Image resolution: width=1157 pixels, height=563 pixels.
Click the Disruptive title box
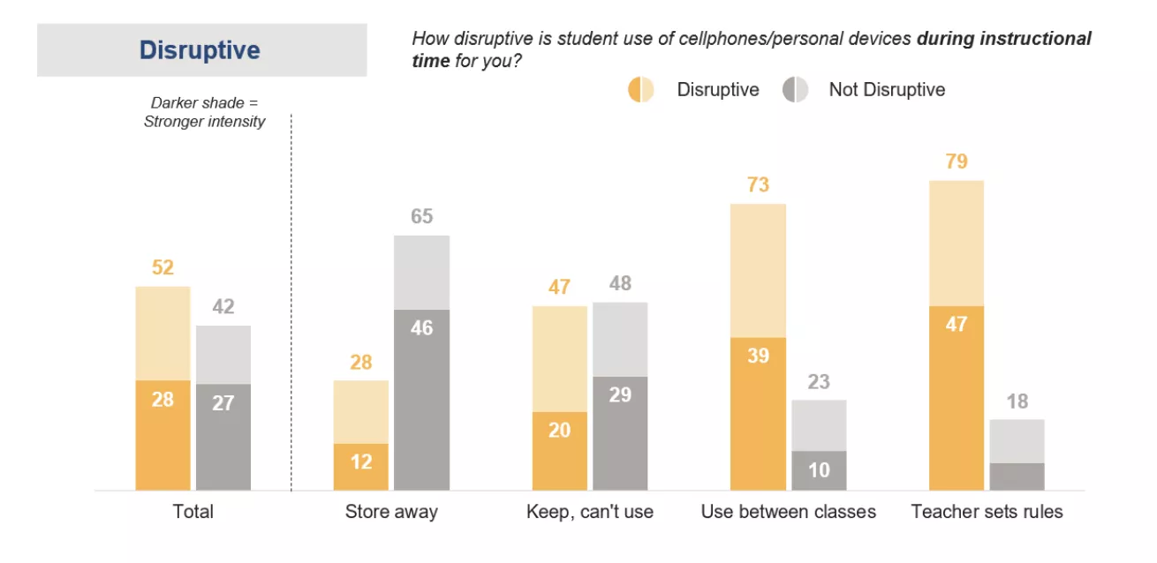pos(201,50)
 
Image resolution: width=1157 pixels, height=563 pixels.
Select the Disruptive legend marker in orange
pos(640,90)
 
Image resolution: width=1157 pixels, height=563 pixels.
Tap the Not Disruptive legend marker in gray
pos(795,90)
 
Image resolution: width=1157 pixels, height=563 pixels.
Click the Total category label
pos(193,512)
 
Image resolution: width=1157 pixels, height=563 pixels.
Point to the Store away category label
pos(391,512)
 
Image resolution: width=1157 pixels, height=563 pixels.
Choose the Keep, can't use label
pos(590,512)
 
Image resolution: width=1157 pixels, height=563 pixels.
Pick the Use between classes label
pos(789,512)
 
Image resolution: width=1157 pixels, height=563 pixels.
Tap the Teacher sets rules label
pos(987,512)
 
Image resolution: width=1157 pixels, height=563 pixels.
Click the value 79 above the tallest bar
pos(957,161)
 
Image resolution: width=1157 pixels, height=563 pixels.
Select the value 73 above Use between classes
pos(758,185)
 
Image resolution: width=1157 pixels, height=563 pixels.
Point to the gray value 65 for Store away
pos(422,216)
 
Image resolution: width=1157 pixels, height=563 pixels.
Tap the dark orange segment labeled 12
pos(360,467)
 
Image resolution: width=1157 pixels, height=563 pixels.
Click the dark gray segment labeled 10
pos(819,470)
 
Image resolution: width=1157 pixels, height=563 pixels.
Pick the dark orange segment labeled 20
pos(559,450)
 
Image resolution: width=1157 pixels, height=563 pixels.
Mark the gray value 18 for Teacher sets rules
pos(1017,402)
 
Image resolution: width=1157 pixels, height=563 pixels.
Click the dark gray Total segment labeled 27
pos(223,437)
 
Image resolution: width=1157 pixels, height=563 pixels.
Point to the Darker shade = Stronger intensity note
pos(204,113)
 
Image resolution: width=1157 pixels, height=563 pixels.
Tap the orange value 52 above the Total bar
pos(163,268)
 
